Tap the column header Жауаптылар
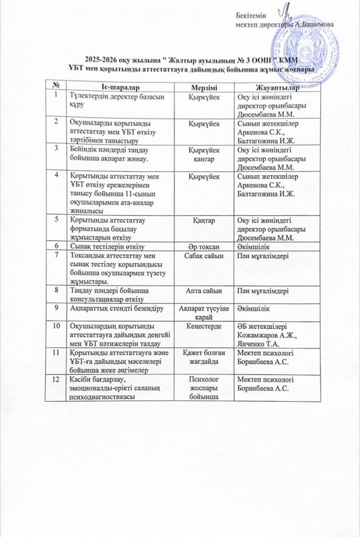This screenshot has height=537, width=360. [x=275, y=86]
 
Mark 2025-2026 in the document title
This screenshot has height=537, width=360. [x=104, y=60]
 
